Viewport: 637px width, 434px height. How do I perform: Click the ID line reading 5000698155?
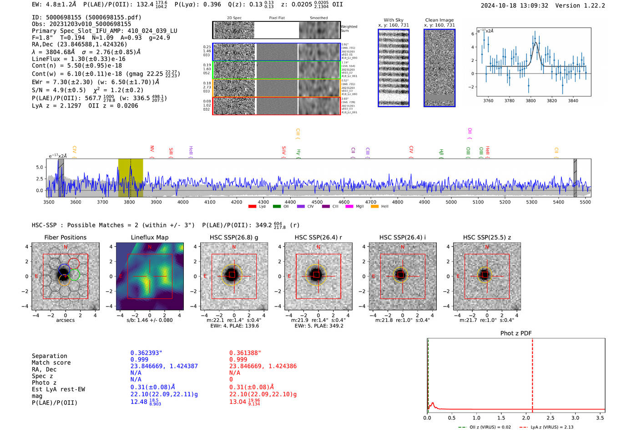click(x=86, y=17)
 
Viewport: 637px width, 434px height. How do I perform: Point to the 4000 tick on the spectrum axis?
click(x=183, y=202)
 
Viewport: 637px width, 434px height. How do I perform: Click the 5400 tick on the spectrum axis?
click(x=558, y=202)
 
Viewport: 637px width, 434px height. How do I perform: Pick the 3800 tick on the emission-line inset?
click(x=531, y=101)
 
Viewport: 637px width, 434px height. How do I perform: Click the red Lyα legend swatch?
click(x=252, y=206)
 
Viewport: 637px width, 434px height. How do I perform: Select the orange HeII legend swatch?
click(x=375, y=206)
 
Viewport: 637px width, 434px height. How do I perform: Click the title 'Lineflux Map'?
click(x=150, y=237)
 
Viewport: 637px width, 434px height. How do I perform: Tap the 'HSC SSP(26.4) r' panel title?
click(x=318, y=237)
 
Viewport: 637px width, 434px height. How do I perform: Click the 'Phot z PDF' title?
click(x=516, y=333)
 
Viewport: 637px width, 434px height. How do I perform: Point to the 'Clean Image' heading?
click(x=439, y=20)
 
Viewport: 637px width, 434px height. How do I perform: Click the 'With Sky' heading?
click(x=394, y=20)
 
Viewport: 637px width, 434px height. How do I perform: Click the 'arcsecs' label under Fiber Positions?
click(x=65, y=320)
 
